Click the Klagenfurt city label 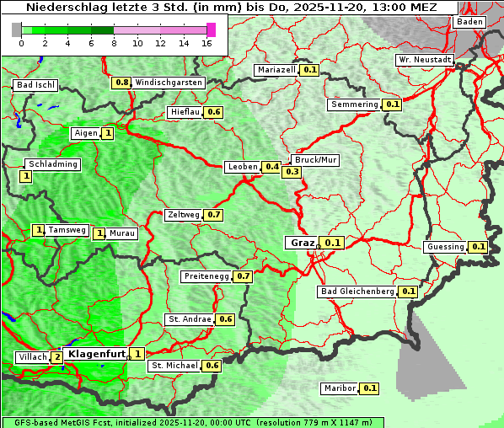coord(96,355)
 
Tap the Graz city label coord(302,243)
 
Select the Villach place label coord(33,357)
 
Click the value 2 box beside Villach coord(56,357)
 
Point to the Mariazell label coord(277,70)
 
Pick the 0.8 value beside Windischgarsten coord(122,83)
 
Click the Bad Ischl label coord(35,85)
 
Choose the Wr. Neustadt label coord(425,61)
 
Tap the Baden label coord(469,22)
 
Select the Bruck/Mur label coord(314,159)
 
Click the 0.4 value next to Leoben coord(271,167)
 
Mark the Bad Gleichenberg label coord(357,292)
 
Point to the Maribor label coord(339,388)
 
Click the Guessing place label coord(446,247)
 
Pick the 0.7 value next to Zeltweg coord(213,215)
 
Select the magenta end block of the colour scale coord(211,29)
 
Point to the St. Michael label coord(174,366)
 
